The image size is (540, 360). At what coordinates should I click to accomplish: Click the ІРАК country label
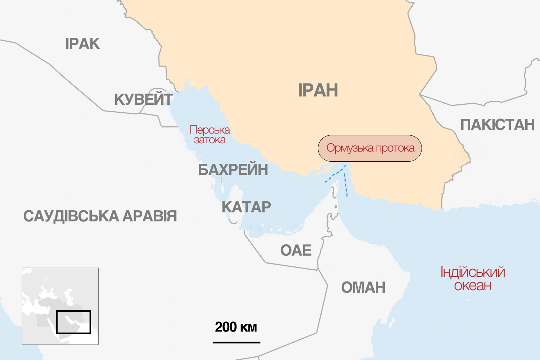click(82, 44)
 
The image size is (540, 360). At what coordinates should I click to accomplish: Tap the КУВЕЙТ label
click(143, 99)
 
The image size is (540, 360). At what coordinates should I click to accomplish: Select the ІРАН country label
click(318, 90)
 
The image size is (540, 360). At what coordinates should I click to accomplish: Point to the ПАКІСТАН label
click(497, 125)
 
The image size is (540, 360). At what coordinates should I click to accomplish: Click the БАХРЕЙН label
click(233, 170)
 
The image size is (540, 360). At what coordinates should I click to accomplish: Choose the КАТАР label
click(246, 207)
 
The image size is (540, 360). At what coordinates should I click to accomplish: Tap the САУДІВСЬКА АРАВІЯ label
click(100, 216)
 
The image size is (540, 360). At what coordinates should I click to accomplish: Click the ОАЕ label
click(296, 250)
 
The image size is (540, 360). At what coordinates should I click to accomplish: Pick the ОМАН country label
click(363, 288)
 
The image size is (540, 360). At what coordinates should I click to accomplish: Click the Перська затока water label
click(210, 135)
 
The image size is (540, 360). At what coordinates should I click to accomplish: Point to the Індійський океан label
click(473, 279)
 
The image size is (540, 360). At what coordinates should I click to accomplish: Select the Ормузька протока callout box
click(370, 148)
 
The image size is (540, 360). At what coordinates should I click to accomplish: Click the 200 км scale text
click(236, 327)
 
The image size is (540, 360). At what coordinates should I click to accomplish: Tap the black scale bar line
click(236, 342)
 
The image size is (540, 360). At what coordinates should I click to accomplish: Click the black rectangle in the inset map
click(73, 322)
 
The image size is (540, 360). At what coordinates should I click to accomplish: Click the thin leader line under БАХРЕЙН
click(221, 181)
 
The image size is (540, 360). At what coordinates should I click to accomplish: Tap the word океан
click(473, 285)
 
